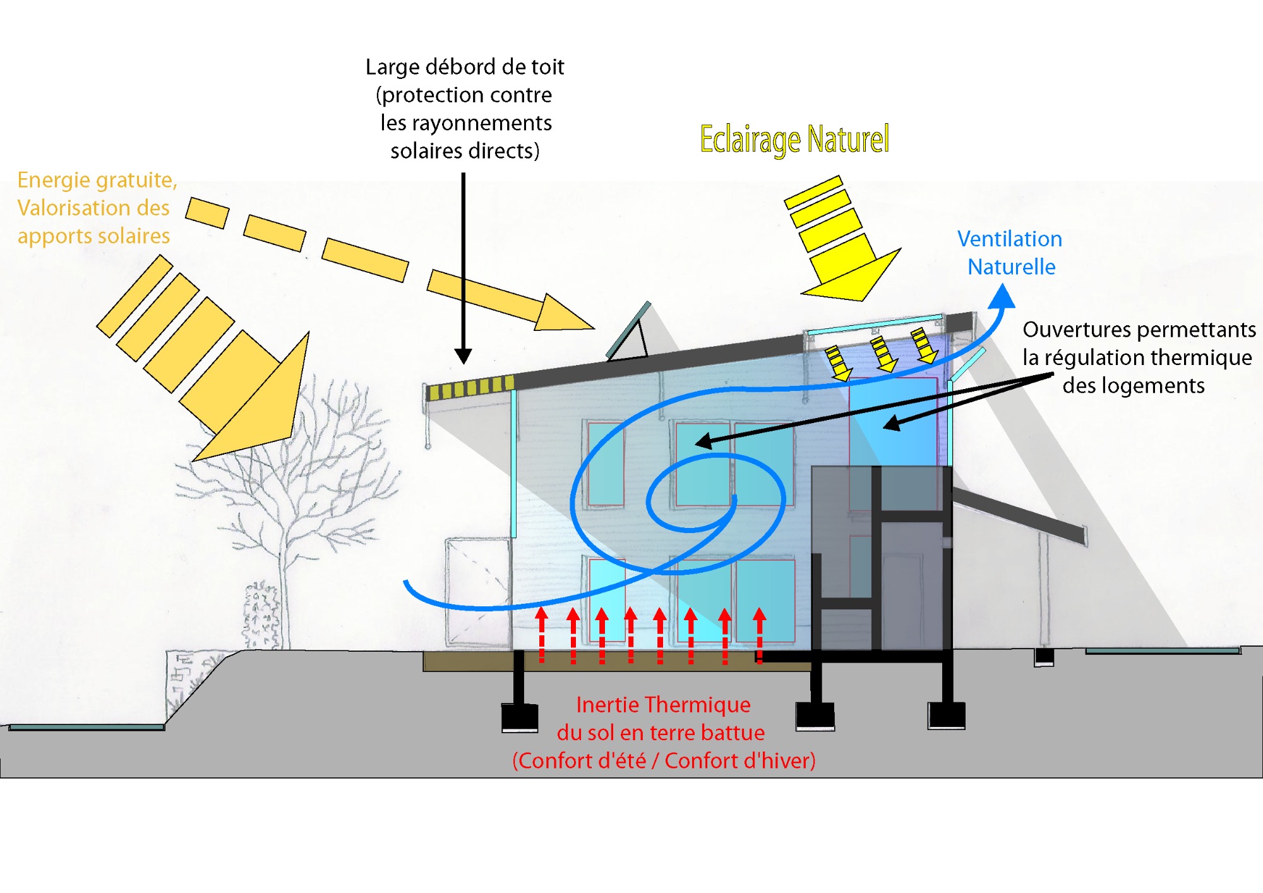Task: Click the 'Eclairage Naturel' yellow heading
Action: point(794,140)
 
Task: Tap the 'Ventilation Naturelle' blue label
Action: point(1010,253)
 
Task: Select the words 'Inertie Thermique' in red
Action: point(663,705)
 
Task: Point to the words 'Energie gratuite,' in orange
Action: point(97,181)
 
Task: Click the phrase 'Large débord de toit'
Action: point(465,67)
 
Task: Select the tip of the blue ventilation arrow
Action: point(1002,296)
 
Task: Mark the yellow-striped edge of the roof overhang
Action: point(470,387)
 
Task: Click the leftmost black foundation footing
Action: point(519,717)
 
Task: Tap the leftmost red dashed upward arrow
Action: point(541,635)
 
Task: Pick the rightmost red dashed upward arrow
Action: point(759,635)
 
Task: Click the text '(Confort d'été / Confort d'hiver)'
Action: point(664,761)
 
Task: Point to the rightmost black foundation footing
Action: point(946,715)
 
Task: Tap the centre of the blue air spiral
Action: point(701,502)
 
